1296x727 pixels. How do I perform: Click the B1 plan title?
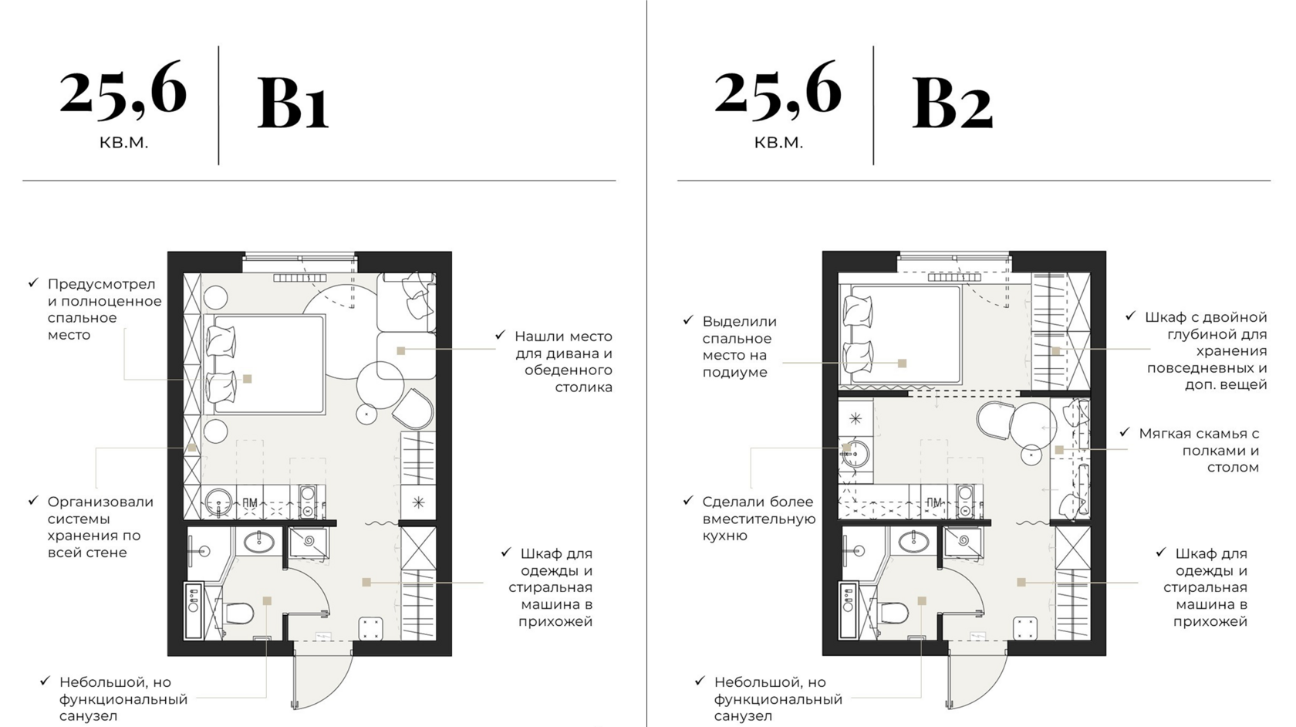click(x=293, y=103)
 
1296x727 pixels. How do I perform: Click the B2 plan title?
click(x=952, y=103)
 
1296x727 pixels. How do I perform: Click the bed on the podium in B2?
click(x=901, y=335)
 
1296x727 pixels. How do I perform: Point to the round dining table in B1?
click(x=380, y=386)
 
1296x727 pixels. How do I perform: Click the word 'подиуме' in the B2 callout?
click(x=734, y=372)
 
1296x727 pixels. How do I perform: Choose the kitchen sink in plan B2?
click(x=854, y=454)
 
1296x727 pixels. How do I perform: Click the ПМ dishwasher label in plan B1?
click(x=249, y=502)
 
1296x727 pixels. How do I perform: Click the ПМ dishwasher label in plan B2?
click(x=933, y=502)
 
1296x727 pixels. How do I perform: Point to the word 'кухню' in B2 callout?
click(x=725, y=536)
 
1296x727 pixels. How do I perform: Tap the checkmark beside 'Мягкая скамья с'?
click(x=1125, y=432)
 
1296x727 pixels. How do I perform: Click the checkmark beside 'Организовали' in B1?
click(x=34, y=501)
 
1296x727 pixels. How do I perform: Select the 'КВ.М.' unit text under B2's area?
click(x=779, y=142)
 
